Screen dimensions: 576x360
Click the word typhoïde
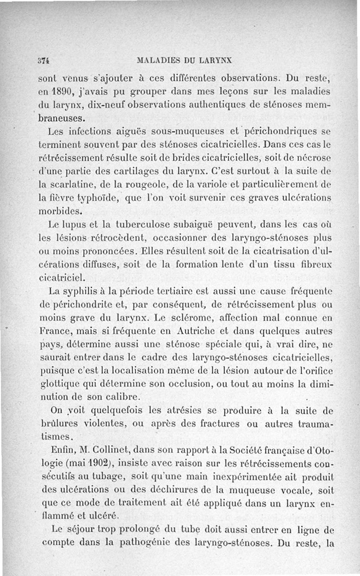coord(94,199)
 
